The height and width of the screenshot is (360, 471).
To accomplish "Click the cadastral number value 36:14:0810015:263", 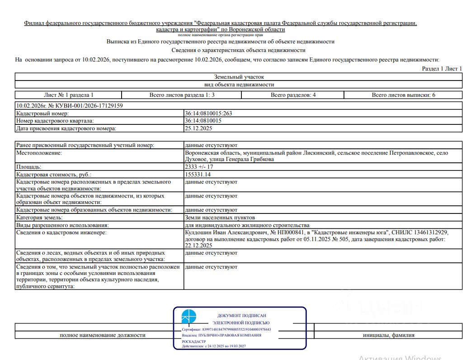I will [x=208, y=113].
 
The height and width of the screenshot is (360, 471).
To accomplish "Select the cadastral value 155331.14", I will [x=198, y=174].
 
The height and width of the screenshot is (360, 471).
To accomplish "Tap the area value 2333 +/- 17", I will [x=199, y=167].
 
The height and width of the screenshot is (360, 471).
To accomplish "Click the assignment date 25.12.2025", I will [x=198, y=128].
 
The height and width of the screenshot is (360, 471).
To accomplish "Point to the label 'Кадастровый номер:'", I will [x=42, y=113].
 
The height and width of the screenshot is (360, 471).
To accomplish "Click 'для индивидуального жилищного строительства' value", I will [x=247, y=225].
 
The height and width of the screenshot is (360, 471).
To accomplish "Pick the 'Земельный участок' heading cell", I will [x=239, y=77].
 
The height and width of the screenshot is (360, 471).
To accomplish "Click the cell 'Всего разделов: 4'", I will [x=293, y=95].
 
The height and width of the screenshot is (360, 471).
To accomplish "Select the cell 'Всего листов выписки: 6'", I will [x=403, y=95].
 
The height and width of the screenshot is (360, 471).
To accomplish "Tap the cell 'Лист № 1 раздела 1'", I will [x=69, y=95].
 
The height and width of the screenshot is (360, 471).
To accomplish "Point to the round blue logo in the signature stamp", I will [x=189, y=317].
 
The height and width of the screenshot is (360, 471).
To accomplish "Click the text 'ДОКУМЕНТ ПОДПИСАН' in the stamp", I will [x=241, y=316].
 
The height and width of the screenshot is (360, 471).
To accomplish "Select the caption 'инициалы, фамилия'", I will [x=388, y=335].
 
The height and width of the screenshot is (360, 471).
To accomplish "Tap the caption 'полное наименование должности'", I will [x=103, y=335].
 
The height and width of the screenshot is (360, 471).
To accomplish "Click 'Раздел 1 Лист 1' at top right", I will [x=442, y=69].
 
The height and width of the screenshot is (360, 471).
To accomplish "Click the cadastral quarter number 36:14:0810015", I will [x=203, y=121].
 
